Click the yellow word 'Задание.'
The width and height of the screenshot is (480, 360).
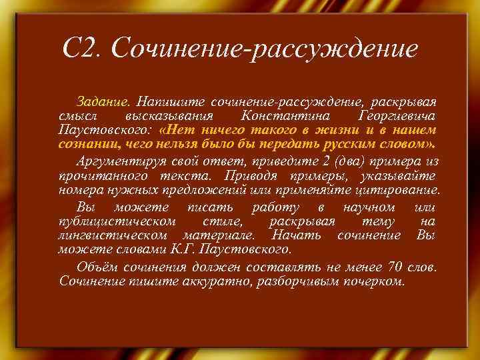(104, 103)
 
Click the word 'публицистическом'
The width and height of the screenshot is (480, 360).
(117, 221)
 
